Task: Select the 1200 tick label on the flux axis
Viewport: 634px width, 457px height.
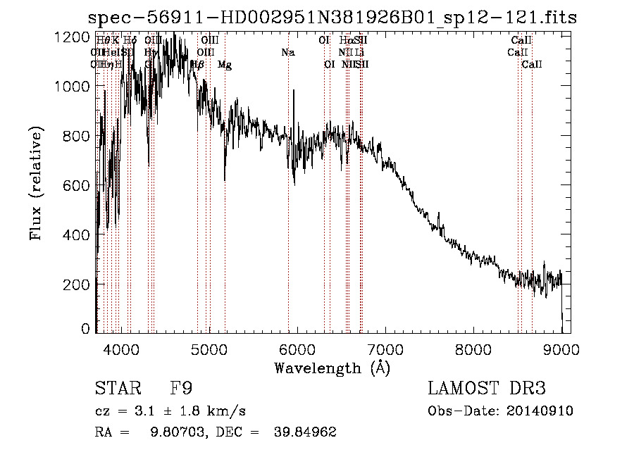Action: pos(74,37)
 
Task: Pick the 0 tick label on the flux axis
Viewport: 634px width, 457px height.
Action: pos(86,329)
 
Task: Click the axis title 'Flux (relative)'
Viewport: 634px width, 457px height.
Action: pos(36,184)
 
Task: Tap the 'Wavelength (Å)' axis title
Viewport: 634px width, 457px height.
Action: pos(332,368)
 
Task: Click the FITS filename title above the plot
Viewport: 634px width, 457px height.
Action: pos(332,18)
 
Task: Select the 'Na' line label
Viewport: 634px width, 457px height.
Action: pos(287,52)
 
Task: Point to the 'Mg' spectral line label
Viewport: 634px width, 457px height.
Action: pos(225,65)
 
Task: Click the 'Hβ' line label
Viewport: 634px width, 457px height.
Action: pos(197,64)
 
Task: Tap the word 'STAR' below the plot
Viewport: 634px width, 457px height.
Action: pos(116,389)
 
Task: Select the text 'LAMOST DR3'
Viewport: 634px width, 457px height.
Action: pos(486,389)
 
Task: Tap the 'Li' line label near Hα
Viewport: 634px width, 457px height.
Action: pos(359,52)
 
